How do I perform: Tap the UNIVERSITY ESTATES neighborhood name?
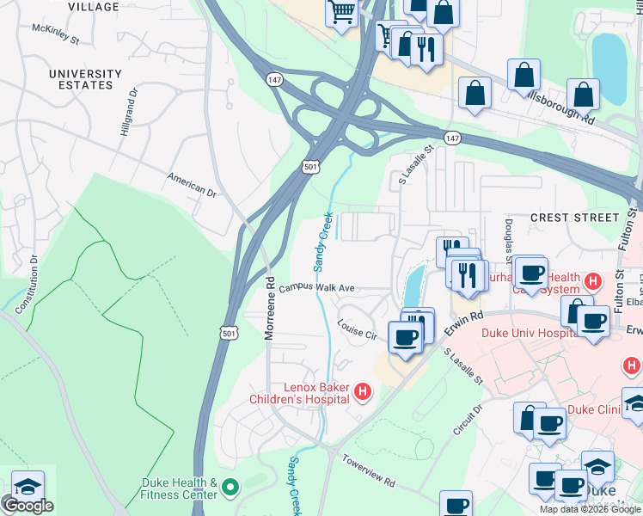point(85,80)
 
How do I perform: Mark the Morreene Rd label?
point(269,307)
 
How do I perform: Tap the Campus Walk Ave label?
point(316,288)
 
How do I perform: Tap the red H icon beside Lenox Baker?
point(363,393)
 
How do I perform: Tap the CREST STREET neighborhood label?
point(574,218)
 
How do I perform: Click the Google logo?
point(28,506)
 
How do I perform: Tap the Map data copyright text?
point(591,509)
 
